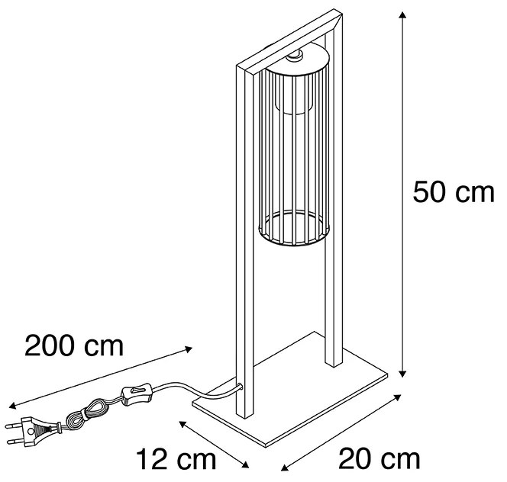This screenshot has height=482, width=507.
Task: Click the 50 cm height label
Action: coord(453,194)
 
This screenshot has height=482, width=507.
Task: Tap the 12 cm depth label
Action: coord(176,459)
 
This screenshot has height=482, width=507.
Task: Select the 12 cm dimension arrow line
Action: coord(215,444)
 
